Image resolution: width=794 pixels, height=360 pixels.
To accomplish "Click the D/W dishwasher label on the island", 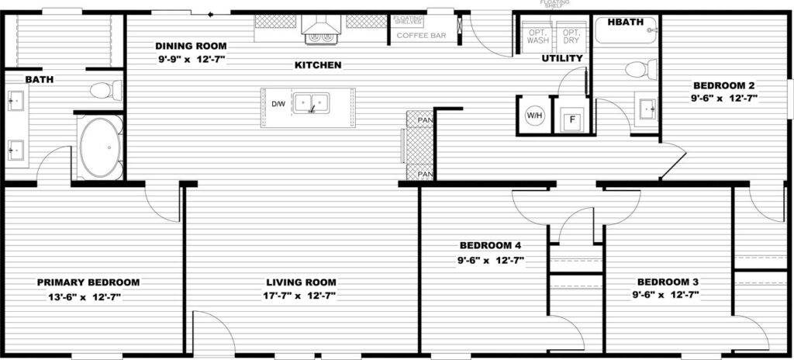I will coord(277,104).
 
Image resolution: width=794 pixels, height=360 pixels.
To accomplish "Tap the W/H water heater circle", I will coord(534,116).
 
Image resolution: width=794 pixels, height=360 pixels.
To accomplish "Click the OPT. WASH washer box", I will coord(537,36).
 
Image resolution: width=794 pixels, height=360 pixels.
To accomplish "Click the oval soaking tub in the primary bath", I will coord(99,147).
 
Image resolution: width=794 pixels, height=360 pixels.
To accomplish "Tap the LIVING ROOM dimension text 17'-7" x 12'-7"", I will coord(302,296).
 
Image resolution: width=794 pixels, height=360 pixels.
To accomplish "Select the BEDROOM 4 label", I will coord(488,247).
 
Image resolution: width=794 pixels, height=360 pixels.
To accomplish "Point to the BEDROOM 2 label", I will coord(723,85).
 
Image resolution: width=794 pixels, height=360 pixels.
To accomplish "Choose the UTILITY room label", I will coord(562,59).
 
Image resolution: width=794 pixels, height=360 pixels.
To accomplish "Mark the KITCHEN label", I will coord(318,65).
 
